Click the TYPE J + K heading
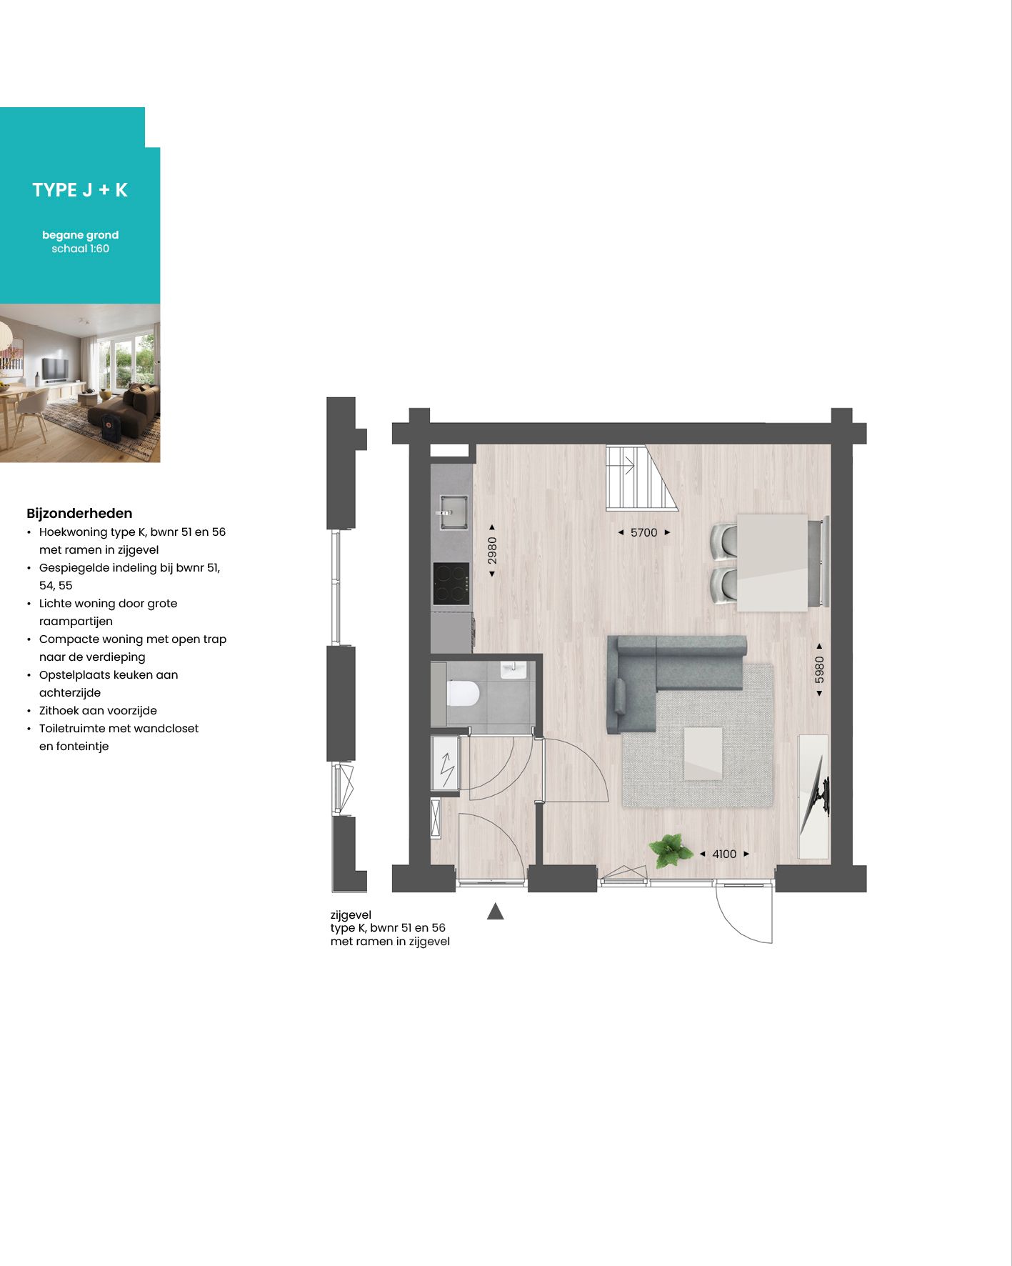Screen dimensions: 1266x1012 click(80, 190)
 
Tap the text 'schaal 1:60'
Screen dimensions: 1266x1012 click(80, 249)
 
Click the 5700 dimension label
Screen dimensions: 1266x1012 click(643, 532)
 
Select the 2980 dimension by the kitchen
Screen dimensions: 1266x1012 click(492, 550)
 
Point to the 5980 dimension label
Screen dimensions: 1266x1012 click(819, 669)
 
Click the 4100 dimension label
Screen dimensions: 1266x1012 click(723, 854)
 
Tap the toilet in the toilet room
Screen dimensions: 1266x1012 click(462, 694)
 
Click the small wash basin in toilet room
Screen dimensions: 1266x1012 click(513, 670)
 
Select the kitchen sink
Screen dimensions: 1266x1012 click(452, 512)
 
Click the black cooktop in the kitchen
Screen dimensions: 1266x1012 click(451, 583)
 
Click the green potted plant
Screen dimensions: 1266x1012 click(670, 850)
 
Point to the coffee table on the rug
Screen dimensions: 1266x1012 click(703, 753)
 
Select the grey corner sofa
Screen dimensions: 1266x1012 click(664, 672)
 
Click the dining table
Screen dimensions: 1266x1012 click(772, 562)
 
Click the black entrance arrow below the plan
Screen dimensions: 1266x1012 click(495, 912)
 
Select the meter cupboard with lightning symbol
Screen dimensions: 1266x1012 click(446, 763)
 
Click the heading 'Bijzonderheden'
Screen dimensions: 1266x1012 click(79, 513)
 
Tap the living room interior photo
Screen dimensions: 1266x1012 click(80, 383)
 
